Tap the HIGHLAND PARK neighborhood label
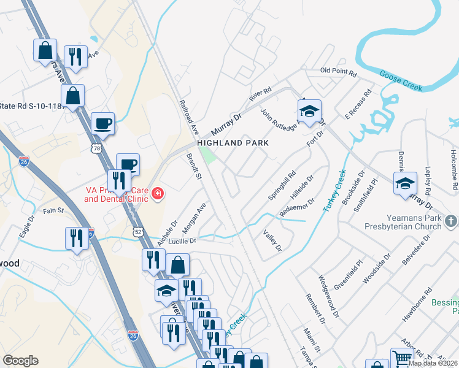[x=233, y=143]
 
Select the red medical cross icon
[x=158, y=194]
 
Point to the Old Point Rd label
[x=338, y=73]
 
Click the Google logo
[x=20, y=361]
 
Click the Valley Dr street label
[x=272, y=241]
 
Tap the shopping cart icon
[x=401, y=358]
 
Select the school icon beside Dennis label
[x=405, y=183]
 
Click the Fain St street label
[x=53, y=210]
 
